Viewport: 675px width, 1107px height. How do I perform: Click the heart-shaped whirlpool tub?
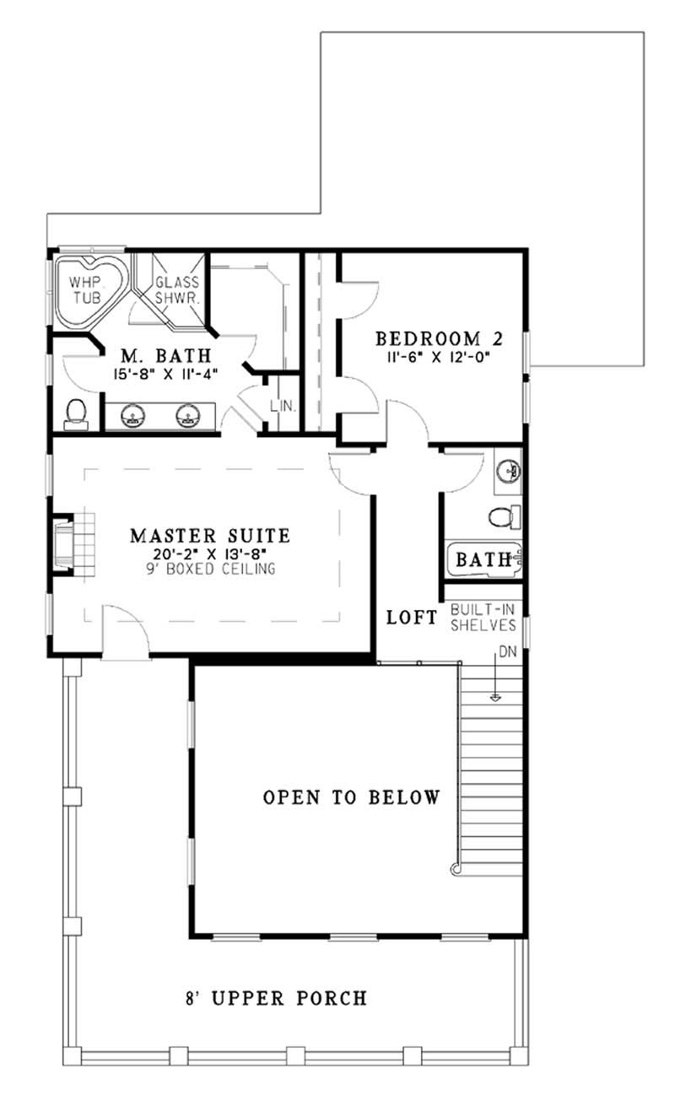tap(84, 288)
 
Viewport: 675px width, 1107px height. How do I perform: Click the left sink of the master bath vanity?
tap(133, 415)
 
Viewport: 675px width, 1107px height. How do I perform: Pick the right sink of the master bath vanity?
tap(187, 415)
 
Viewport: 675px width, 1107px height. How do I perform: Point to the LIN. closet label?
tap(283, 406)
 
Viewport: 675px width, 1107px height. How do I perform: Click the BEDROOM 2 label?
tap(439, 339)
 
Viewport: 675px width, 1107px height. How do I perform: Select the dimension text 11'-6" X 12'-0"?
tap(439, 357)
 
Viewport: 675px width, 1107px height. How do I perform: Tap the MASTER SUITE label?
tap(210, 535)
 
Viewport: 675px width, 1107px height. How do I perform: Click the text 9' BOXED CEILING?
tap(210, 570)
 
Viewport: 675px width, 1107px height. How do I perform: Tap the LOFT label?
tap(412, 618)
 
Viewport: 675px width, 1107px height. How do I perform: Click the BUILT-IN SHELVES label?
tap(483, 618)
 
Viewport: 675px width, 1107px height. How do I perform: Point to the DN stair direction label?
tap(507, 653)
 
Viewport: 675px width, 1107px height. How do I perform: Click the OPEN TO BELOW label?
tap(351, 797)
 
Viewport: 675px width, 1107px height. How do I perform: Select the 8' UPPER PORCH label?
tap(276, 999)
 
